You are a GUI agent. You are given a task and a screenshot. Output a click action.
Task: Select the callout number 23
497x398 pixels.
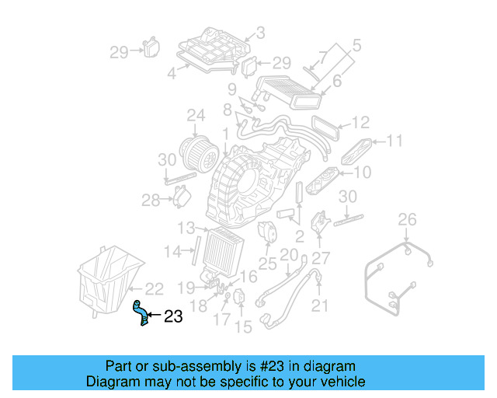[x=172, y=316]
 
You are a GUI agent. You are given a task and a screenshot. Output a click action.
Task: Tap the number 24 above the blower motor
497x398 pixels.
[x=196, y=117]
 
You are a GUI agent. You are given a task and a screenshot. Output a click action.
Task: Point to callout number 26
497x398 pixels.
[x=408, y=220]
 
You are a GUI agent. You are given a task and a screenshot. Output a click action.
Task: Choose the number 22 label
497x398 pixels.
[x=154, y=288]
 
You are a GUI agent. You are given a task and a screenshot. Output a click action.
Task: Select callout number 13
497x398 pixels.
[x=186, y=228]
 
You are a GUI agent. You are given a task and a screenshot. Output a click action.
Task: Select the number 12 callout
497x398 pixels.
[x=360, y=123]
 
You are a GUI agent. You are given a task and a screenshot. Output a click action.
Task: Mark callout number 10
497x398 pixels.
[x=362, y=172]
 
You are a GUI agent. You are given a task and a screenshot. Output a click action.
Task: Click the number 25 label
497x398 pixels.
[x=268, y=264]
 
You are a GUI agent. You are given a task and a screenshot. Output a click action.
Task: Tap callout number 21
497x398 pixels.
[x=320, y=306]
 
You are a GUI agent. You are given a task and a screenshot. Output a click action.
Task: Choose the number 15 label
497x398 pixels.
[x=244, y=327]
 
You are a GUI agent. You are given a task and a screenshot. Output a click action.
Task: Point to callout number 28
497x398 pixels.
[x=151, y=201]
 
